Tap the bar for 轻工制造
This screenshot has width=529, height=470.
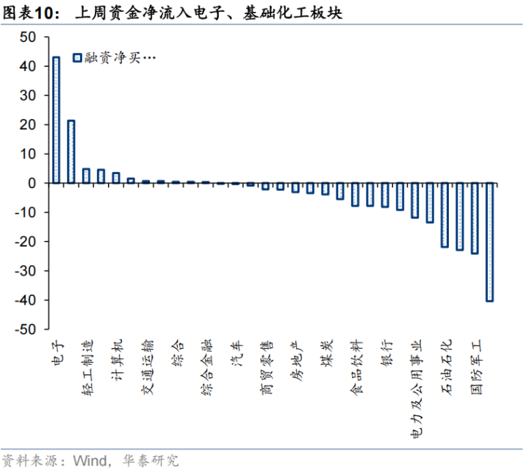pyautogui.click(x=86, y=176)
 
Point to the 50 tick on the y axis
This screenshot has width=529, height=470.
pyautogui.click(x=27, y=37)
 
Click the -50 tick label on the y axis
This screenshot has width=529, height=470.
pyautogui.click(x=24, y=330)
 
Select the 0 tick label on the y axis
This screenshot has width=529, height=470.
pyautogui.click(x=32, y=184)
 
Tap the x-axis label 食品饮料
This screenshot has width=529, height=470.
pyautogui.click(x=356, y=366)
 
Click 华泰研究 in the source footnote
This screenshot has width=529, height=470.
pyautogui.click(x=152, y=460)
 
